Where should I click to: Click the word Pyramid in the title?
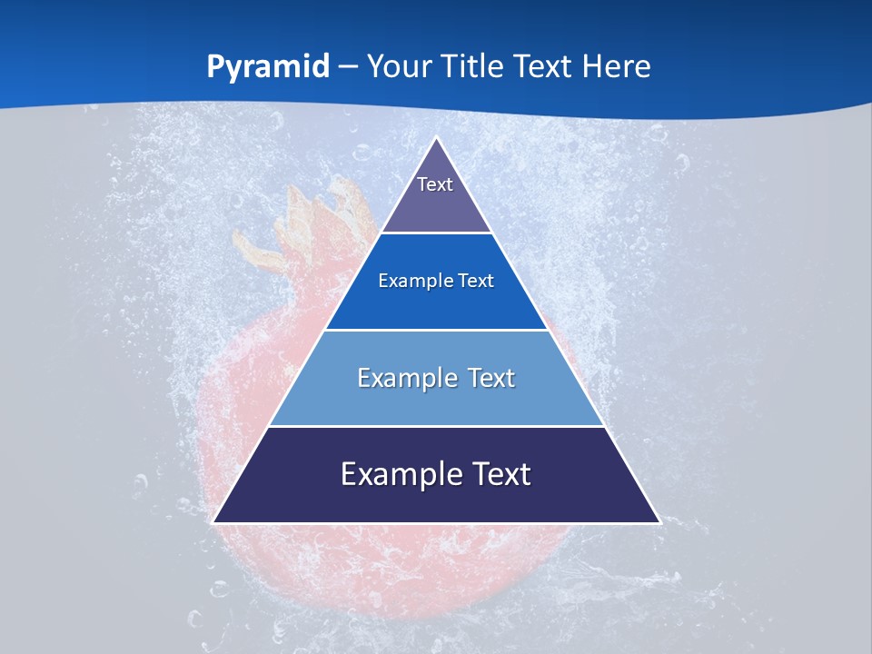click(267, 67)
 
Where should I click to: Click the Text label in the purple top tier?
click(435, 184)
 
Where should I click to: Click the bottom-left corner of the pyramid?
click(214, 521)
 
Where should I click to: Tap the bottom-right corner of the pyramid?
click(659, 521)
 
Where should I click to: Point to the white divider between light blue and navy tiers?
click(436, 426)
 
